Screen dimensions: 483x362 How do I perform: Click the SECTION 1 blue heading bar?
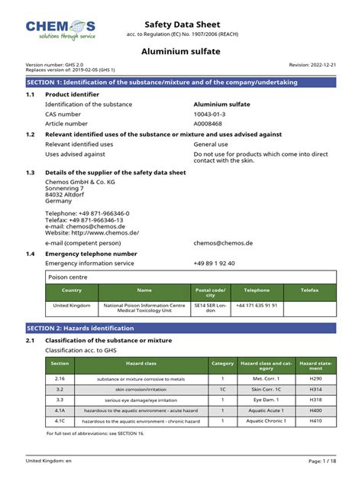181,81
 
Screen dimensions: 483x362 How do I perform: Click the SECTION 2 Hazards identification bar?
181,327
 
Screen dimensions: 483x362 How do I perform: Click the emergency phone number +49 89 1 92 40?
214,263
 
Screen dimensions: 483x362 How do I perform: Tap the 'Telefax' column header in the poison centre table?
309,290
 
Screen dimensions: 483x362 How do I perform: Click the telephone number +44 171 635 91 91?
257,305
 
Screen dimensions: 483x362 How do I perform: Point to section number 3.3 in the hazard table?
60,400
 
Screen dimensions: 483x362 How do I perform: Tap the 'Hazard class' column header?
141,364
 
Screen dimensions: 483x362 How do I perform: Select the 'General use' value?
212,144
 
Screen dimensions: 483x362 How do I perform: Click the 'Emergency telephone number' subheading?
91,253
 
